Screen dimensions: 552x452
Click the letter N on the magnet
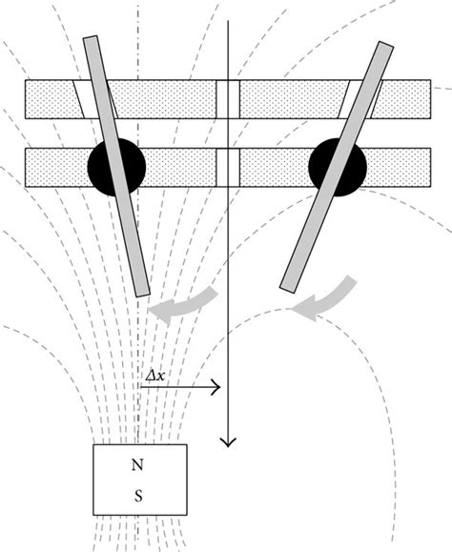[139, 467]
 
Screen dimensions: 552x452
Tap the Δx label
[154, 377]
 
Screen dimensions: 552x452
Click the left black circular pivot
[116, 168]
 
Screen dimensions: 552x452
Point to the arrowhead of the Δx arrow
[217, 387]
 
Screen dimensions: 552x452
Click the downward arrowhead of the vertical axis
[227, 440]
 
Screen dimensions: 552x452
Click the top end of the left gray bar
[91, 40]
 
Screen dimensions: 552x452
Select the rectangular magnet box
[139, 480]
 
